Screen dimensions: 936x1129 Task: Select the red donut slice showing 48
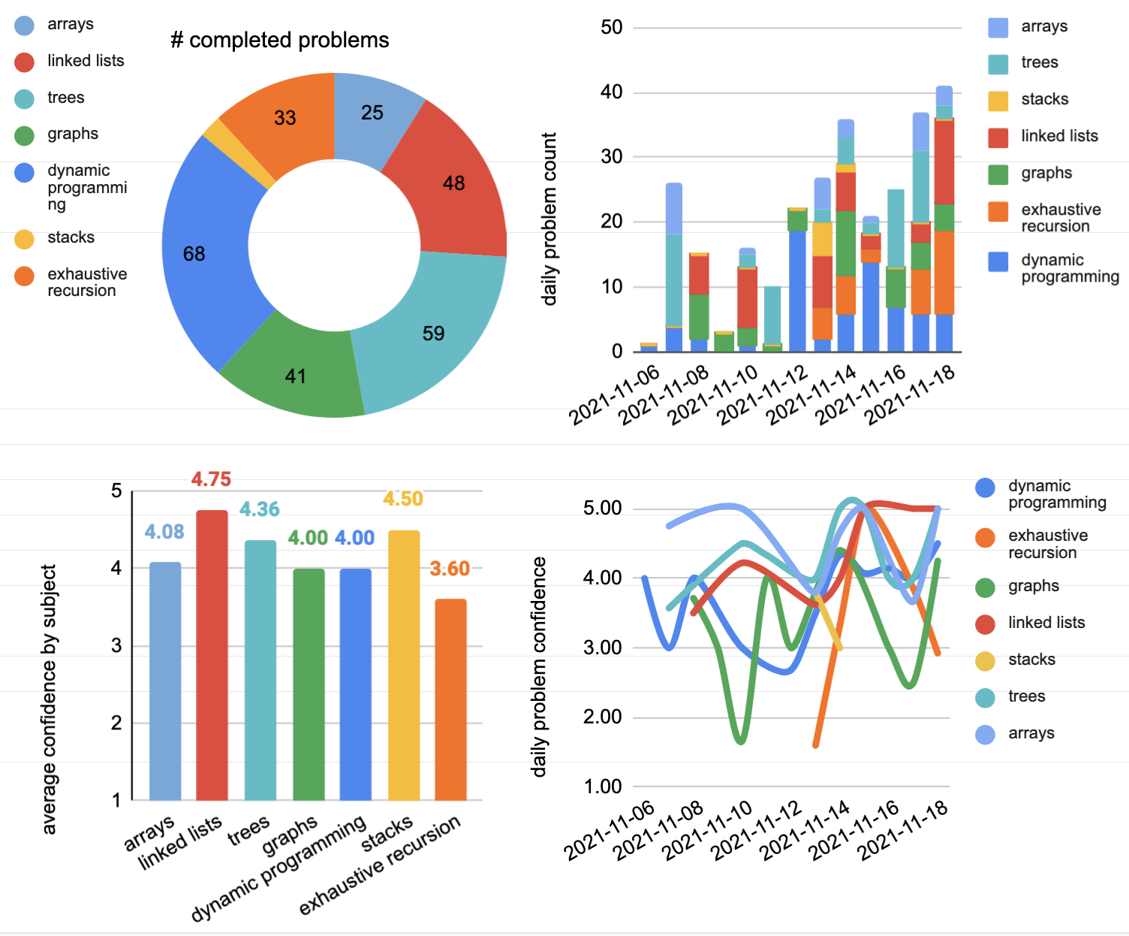click(x=450, y=188)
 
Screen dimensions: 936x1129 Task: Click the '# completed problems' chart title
click(x=280, y=40)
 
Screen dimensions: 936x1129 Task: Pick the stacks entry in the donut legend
click(x=71, y=237)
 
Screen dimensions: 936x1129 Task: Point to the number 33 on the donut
click(x=285, y=118)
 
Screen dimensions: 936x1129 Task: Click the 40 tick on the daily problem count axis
click(x=611, y=92)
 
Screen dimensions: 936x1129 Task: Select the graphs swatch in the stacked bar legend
click(x=998, y=174)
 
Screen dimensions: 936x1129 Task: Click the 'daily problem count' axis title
click(x=549, y=219)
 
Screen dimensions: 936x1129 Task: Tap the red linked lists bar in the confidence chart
click(x=212, y=654)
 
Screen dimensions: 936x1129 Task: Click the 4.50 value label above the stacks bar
click(x=403, y=499)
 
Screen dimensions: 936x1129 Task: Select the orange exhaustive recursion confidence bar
click(x=450, y=699)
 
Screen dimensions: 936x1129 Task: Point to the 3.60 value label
click(x=450, y=569)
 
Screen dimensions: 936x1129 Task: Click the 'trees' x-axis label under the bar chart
click(x=248, y=830)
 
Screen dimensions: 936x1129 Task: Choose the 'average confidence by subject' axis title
click(x=50, y=699)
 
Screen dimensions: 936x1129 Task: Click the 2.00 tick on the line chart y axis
click(x=602, y=717)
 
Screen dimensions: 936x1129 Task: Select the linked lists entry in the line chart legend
click(x=1046, y=623)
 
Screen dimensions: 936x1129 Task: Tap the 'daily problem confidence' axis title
click(x=539, y=666)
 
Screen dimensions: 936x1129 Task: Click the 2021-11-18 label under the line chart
click(x=904, y=830)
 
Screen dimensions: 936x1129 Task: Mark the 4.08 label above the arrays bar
click(x=164, y=532)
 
